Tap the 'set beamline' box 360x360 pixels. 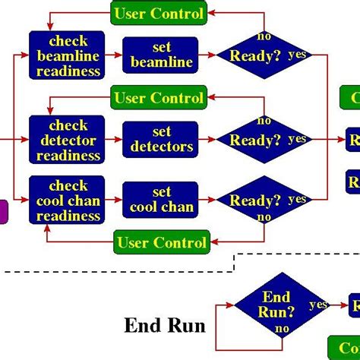pos(160,55)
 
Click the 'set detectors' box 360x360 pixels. pos(160,140)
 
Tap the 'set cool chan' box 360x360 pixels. pos(160,200)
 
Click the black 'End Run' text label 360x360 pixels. pos(165,326)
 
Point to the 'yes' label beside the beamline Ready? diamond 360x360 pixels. pos(298,54)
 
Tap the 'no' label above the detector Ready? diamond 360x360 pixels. pos(264,120)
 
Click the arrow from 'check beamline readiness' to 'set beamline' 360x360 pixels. pos(113,55)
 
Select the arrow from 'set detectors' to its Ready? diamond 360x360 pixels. pos(207,140)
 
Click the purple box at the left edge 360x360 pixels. pos(3,211)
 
